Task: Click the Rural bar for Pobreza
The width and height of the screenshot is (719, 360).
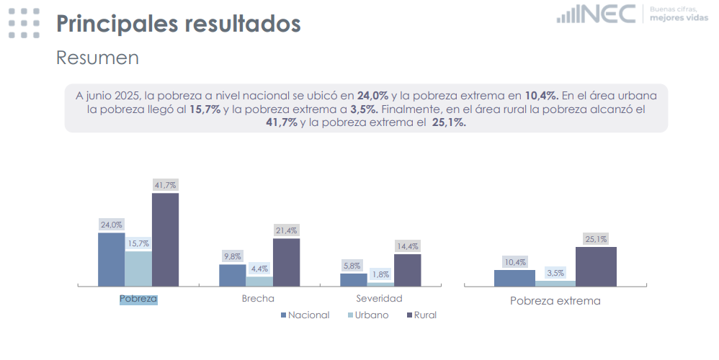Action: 165,240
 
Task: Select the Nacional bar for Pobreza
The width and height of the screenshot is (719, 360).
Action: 112,259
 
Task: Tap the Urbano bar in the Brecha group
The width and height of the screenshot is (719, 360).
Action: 259,282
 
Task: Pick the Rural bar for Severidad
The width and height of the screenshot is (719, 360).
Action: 407,270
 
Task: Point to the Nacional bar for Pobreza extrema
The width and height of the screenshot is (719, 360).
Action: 514,278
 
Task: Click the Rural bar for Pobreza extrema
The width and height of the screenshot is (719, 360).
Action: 596,266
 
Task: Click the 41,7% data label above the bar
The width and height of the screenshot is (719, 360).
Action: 165,185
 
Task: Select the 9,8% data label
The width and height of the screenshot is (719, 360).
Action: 232,256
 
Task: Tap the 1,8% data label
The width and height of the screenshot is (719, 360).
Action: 380,274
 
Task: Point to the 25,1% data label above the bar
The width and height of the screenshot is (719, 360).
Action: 596,239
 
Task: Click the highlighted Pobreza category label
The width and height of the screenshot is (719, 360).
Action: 138,298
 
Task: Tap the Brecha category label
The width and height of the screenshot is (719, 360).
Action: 258,298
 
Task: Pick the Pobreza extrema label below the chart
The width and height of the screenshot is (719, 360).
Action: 555,301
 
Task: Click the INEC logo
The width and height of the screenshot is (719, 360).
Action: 597,13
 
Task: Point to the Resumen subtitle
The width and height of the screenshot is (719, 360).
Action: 97,58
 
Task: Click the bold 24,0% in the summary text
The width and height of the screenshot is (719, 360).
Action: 373,95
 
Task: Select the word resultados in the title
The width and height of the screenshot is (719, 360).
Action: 243,23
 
